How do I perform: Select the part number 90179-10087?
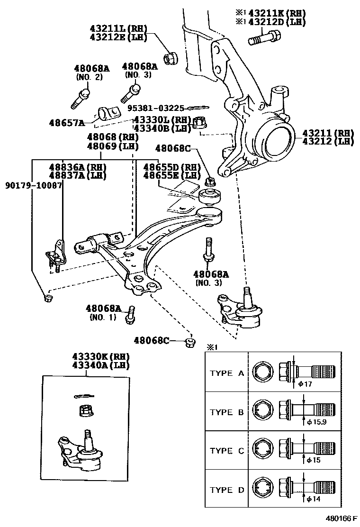click(x=33, y=185)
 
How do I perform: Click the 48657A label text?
click(x=66, y=123)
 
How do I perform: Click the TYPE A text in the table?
click(x=227, y=373)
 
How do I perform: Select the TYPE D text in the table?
click(x=227, y=490)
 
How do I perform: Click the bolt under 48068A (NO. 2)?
click(x=81, y=97)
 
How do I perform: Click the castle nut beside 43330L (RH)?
click(x=199, y=124)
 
